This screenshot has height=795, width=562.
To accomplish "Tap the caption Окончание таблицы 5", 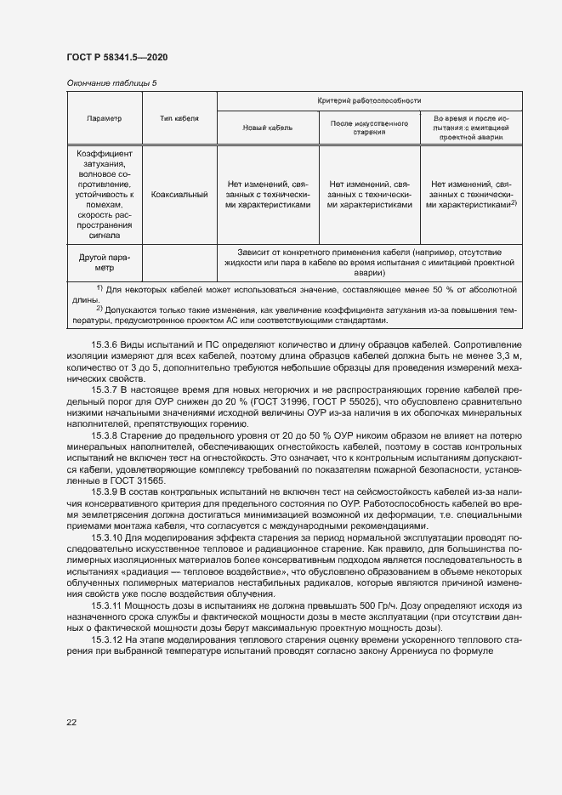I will point(111,82).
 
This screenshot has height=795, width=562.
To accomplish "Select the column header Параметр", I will point(105,118).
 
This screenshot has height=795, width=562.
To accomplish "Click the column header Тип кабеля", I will point(179,118).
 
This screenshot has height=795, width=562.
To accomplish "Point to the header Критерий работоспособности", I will point(368,100).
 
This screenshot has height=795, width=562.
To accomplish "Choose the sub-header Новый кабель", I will point(268,127).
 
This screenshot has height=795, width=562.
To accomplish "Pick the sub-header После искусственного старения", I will point(369,128).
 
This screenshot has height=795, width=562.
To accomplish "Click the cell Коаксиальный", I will point(179,195).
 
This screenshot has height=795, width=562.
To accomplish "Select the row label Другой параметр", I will point(105,262).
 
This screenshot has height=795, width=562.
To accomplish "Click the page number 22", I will point(71,723).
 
